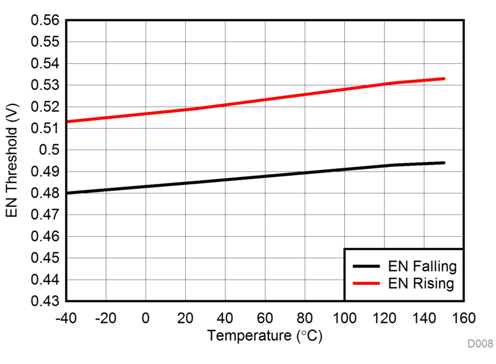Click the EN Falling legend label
423,267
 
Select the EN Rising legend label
422,284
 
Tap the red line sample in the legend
366,284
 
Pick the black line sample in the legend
366,267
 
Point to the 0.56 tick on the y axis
47,20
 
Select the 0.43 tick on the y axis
47,302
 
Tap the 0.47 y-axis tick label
47,215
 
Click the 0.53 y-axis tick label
47,85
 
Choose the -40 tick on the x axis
66,318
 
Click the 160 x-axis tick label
463,318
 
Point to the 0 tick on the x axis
146,318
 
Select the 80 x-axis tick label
305,318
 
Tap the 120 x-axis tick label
384,318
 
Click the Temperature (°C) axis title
264,335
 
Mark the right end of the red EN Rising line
444,79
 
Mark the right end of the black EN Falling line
444,163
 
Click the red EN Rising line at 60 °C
265,100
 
